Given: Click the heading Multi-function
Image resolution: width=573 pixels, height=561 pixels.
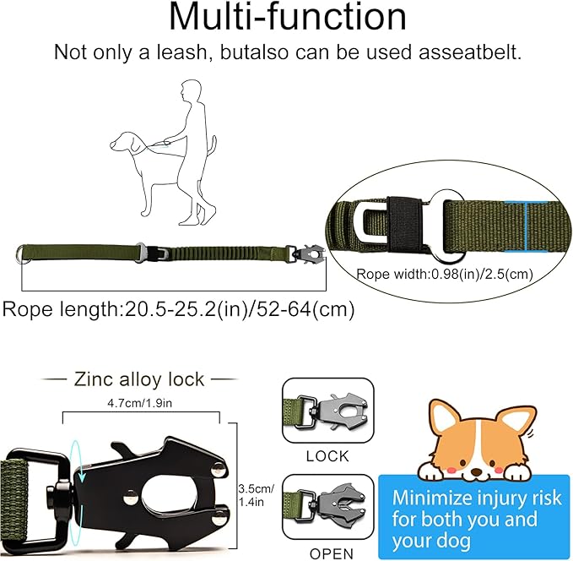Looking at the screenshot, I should [x=286, y=19].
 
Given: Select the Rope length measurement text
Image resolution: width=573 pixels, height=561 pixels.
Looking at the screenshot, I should [x=178, y=309].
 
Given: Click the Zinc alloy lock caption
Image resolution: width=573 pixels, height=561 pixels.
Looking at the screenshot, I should [x=139, y=379].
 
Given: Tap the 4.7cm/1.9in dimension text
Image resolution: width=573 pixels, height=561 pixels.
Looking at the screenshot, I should [x=139, y=404].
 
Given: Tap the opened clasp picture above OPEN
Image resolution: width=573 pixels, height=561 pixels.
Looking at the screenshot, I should [x=322, y=505].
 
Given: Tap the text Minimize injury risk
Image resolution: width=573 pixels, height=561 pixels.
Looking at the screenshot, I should [x=476, y=498].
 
